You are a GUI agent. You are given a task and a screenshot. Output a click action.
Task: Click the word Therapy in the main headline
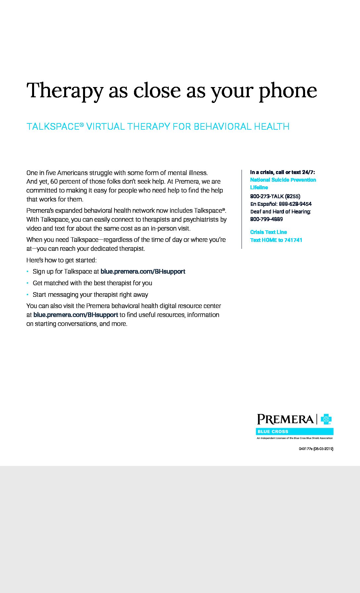(x=65, y=91)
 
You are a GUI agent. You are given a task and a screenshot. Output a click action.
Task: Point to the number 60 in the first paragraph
(x=54, y=181)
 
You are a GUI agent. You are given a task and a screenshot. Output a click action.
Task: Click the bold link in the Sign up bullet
(x=143, y=271)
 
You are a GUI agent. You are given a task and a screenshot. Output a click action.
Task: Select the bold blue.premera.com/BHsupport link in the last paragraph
(x=76, y=315)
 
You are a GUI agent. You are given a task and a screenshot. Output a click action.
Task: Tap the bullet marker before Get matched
(x=27, y=283)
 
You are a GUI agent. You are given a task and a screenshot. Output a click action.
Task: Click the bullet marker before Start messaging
(x=27, y=295)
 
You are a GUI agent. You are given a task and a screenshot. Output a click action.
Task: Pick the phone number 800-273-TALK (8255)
(x=275, y=196)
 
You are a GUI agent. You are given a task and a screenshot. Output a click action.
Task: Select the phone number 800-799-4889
(x=266, y=219)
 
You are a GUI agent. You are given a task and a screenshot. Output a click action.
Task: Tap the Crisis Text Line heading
(x=268, y=232)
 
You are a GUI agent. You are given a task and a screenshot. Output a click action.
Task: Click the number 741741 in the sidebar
(x=293, y=240)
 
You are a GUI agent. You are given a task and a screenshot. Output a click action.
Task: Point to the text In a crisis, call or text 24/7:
(x=282, y=172)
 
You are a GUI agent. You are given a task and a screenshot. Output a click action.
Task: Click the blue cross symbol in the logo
(x=326, y=419)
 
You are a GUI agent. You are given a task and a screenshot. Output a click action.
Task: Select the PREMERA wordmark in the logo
(x=285, y=419)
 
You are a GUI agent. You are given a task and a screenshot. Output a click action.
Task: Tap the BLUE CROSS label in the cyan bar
(x=273, y=432)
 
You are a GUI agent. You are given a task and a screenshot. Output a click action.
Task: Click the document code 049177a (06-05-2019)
(x=316, y=449)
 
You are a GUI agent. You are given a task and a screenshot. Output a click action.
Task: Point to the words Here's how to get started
(x=62, y=260)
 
